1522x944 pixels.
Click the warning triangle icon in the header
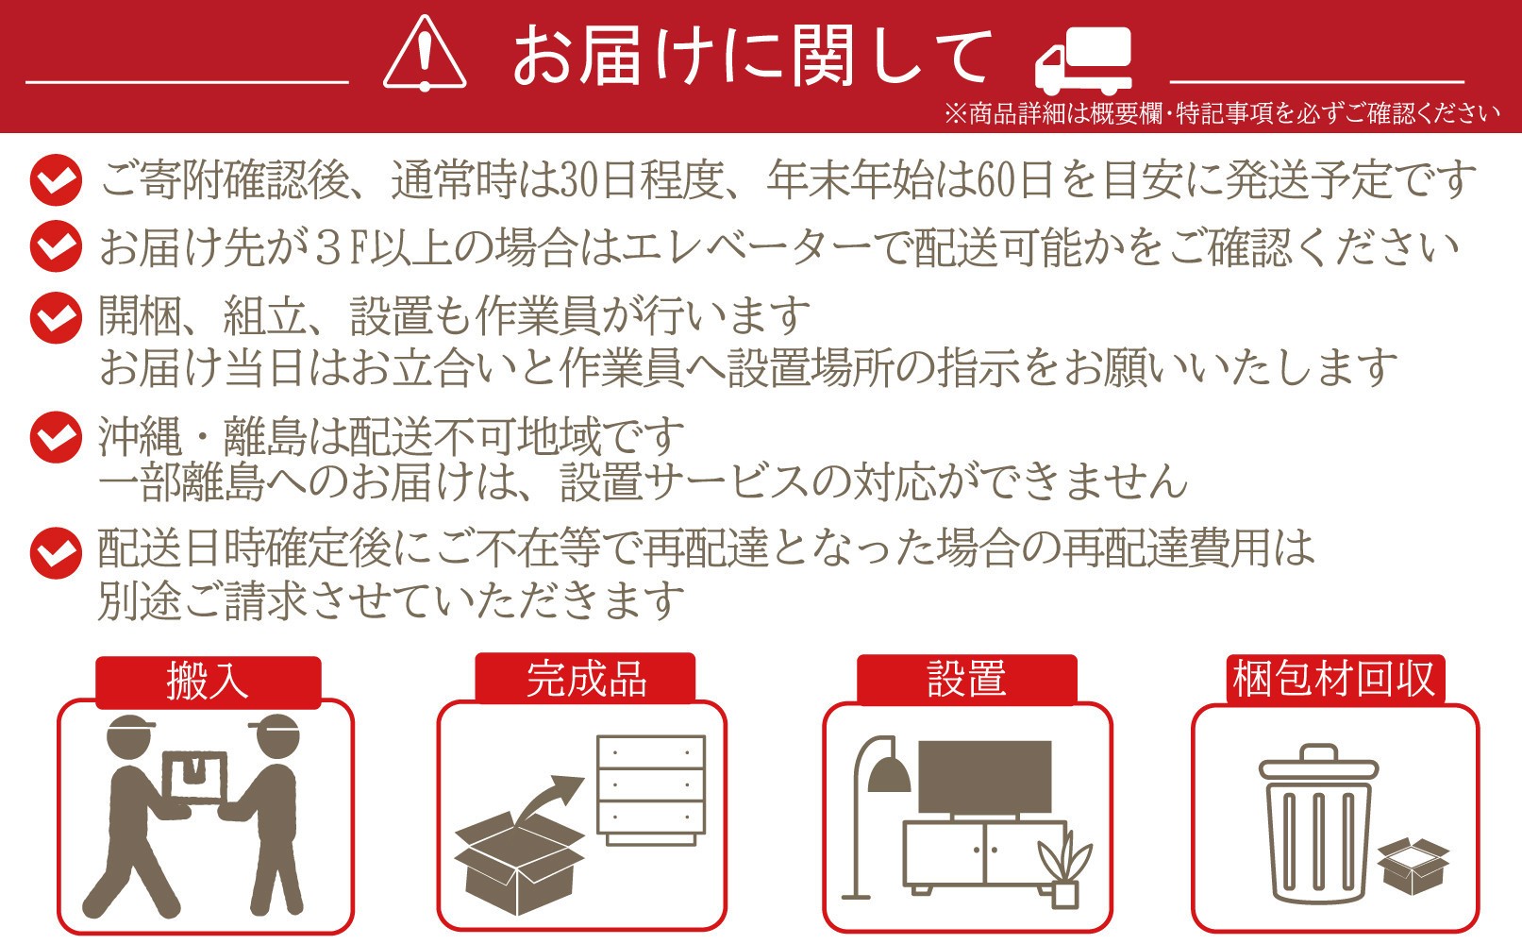425,53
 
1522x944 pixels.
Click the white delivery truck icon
1083,61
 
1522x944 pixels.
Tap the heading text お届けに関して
751,56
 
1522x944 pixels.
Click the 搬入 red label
208,682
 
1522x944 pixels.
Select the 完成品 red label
585,679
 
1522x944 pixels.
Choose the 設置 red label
967,679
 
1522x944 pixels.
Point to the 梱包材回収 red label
1334,679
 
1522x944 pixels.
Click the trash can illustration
1318,824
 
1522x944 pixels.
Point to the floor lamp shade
889,775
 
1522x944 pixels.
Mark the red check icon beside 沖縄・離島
57,437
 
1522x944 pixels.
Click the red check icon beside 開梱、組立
57,318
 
